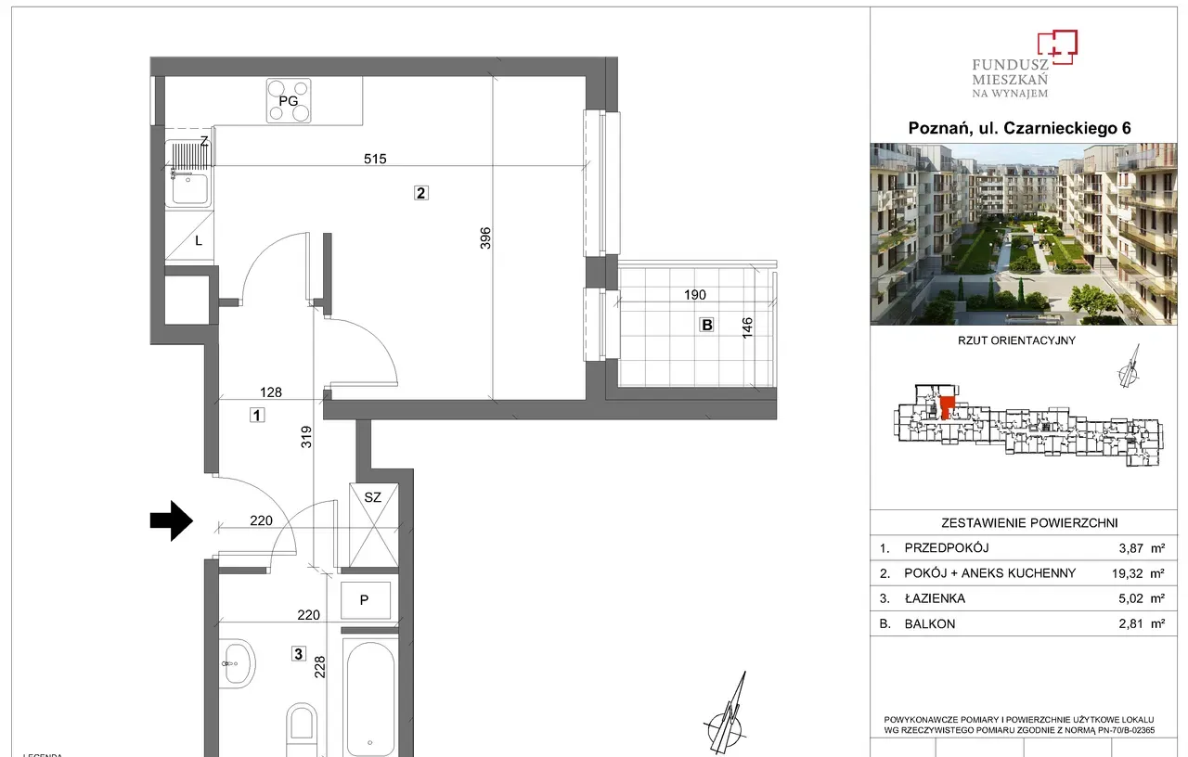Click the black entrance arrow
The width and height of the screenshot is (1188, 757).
[172, 520]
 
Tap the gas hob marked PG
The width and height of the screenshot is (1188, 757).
[289, 101]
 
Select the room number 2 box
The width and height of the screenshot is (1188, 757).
[421, 193]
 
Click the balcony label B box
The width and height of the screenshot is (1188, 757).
[706, 325]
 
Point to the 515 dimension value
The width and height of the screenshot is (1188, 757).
[375, 159]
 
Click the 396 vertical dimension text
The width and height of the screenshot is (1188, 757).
[485, 238]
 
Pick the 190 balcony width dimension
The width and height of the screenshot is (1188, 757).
[695, 295]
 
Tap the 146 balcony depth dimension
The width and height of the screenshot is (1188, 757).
[747, 327]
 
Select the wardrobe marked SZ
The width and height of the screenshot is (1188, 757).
[373, 525]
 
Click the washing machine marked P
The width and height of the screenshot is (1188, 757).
[366, 600]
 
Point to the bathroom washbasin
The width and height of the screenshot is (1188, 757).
[239, 663]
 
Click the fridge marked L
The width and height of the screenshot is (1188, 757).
[189, 237]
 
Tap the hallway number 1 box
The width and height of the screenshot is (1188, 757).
[257, 415]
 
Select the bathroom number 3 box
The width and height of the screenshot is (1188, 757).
[299, 654]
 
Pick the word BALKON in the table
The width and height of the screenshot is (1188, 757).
[930, 624]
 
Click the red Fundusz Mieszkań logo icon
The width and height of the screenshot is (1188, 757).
[1057, 46]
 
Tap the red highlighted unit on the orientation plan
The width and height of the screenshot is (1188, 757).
[947, 407]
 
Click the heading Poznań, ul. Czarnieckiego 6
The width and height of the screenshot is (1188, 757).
[1019, 128]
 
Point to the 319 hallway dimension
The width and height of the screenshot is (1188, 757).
[306, 437]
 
